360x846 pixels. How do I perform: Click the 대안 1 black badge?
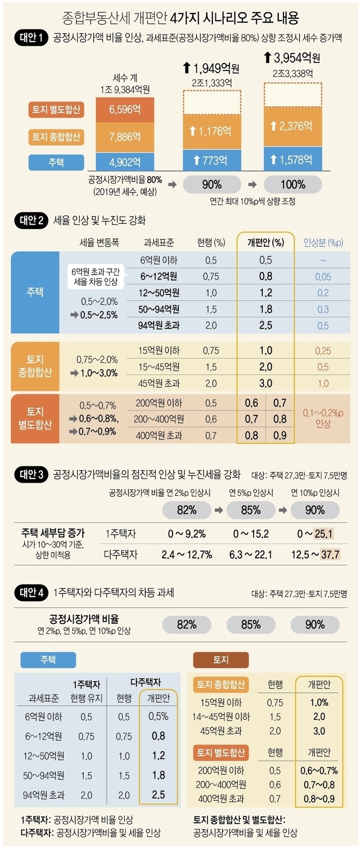31,38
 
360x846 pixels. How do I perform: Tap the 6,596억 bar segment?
125,110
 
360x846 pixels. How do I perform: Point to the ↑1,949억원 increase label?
211,68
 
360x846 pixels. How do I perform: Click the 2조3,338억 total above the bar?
293,73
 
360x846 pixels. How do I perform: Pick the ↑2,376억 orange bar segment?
293,126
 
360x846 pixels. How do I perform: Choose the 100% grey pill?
293,184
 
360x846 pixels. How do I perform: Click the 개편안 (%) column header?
265,242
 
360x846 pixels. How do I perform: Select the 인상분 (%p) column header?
323,242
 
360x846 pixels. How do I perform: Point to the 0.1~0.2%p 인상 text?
323,418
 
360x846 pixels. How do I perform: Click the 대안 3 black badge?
31,474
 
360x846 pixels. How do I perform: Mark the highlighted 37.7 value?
330,554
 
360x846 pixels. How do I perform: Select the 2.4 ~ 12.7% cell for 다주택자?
186,554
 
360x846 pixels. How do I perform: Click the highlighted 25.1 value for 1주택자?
323,534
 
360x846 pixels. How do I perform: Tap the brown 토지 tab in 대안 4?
221,659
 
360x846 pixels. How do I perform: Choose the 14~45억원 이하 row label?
221,716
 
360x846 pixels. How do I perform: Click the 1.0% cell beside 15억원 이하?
319,702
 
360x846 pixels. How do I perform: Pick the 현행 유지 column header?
86,698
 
